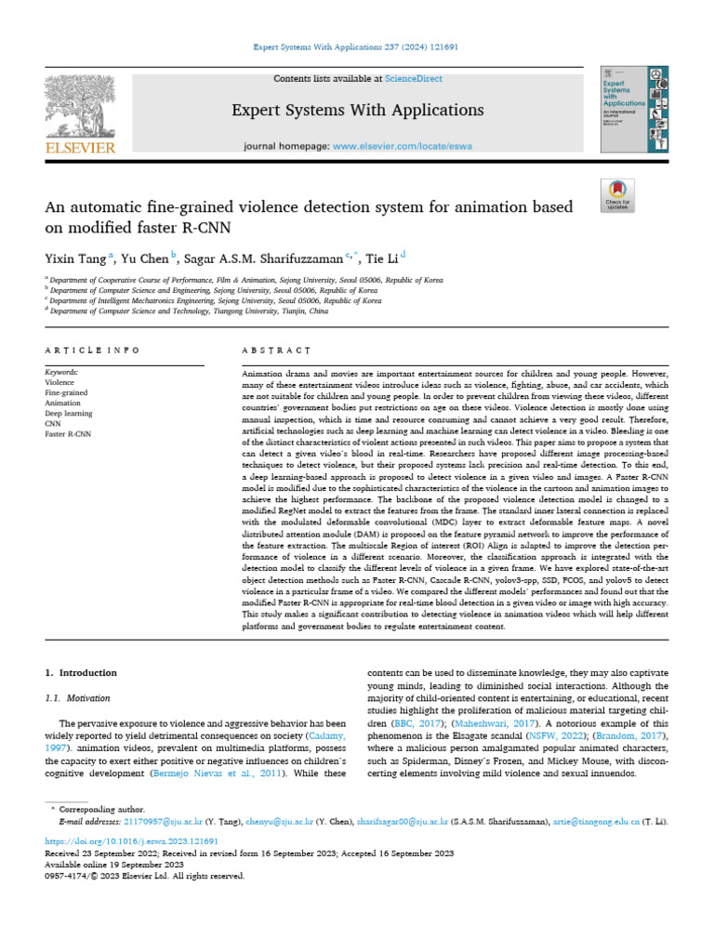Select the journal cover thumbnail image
(635, 109)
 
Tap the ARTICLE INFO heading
(92, 350)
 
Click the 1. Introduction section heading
(82, 672)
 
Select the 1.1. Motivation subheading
(78, 697)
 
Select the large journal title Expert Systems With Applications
(357, 111)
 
